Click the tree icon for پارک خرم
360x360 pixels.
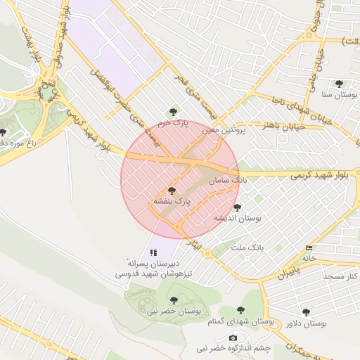pos(174,111)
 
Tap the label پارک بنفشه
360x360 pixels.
pos(172,202)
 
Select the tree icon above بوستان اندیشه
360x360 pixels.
pos(237,207)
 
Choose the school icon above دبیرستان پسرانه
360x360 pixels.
pos(153,252)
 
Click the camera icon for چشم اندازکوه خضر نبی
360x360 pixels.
pos(233,337)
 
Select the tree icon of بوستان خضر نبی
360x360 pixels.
pos(174,300)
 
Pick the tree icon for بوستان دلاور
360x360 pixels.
pos(305,311)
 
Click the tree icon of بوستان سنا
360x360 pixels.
pos(339,84)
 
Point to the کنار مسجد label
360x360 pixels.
pos(342,277)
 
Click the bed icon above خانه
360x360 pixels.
pos(309,247)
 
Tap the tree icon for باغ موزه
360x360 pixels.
pos(3,131)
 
